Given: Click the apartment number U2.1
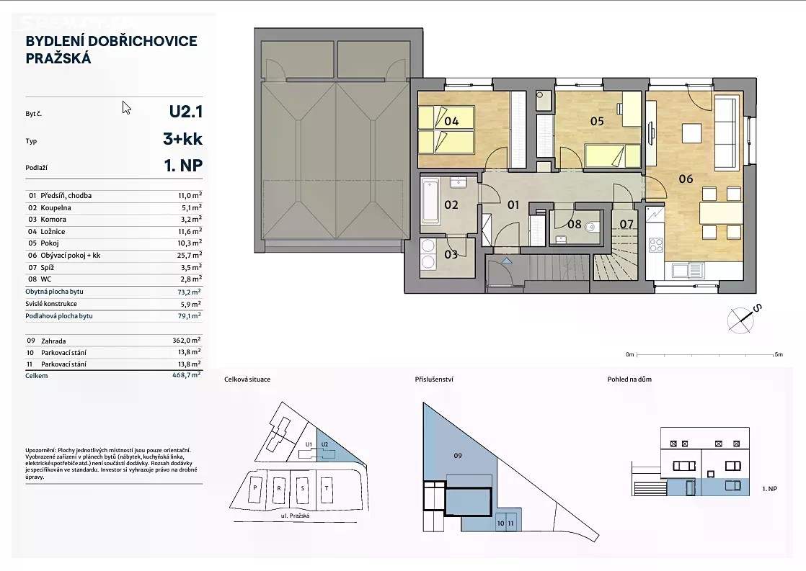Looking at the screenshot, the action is (x=185, y=112).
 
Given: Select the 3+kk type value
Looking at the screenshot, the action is (x=182, y=139).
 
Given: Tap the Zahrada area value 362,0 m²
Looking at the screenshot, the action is (x=187, y=340).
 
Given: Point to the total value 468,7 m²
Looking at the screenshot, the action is (x=187, y=375).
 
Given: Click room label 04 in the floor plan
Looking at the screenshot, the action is (x=451, y=121).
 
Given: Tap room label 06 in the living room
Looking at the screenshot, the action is (x=686, y=179).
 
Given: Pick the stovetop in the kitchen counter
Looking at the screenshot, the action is (x=656, y=245).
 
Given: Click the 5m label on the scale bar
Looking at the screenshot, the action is (x=778, y=354).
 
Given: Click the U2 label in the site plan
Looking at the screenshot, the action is (x=324, y=444).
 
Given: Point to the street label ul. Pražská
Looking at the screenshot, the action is (x=295, y=515).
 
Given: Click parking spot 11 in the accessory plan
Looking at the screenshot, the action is (x=511, y=523).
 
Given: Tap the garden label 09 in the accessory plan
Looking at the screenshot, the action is (x=458, y=456).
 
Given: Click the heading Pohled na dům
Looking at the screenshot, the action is (x=629, y=379).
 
